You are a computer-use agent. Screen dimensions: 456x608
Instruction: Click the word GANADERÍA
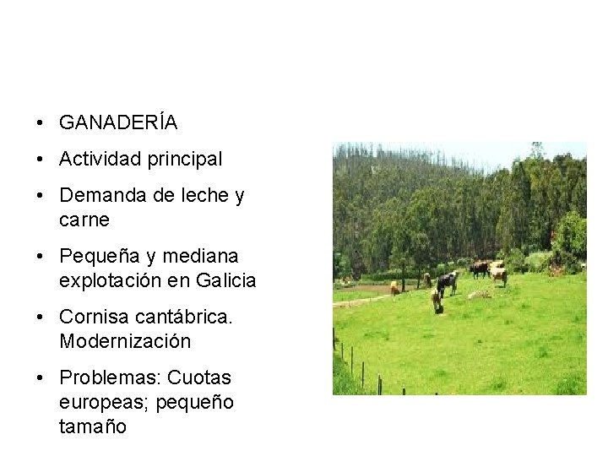[118, 123]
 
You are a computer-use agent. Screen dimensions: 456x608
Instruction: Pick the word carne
[84, 220]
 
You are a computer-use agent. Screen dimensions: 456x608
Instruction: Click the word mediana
[200, 256]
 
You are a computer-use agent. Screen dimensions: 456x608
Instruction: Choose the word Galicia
[225, 280]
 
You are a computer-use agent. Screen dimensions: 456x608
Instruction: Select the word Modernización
[125, 341]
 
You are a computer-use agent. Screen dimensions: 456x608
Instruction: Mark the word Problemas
[109, 378]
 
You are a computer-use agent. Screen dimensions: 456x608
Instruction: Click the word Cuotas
[200, 378]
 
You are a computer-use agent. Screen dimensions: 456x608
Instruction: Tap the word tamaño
[93, 426]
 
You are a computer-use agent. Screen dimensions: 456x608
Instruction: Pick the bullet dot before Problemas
[41, 378]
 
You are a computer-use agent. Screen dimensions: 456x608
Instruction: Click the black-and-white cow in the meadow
[447, 282]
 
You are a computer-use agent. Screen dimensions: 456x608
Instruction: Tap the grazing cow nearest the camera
[436, 298]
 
